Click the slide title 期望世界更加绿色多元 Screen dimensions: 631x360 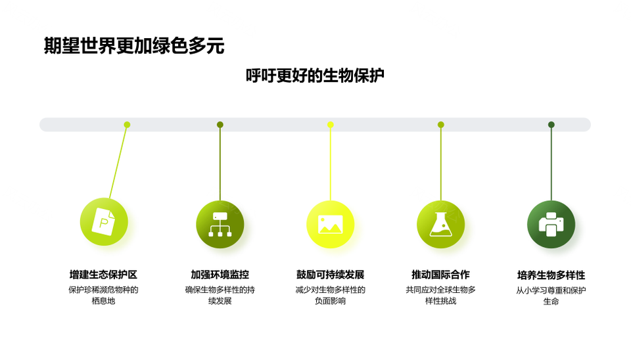coord(134,46)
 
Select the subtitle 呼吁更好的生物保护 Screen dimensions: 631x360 coord(315,76)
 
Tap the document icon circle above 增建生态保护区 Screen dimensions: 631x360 coord(104,221)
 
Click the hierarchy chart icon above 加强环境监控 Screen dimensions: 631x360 coord(220,225)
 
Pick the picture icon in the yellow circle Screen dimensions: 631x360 coord(331,225)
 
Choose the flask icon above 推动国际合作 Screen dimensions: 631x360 coord(440,225)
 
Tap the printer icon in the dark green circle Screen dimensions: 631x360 coord(551,225)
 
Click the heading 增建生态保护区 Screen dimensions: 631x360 coord(103,275)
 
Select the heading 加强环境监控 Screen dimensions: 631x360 coord(220,275)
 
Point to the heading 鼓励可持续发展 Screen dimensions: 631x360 coord(331,275)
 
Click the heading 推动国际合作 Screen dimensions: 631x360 coord(440,275)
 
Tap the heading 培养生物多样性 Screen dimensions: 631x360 coord(551,275)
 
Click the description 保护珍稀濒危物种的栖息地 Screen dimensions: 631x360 coord(103,295)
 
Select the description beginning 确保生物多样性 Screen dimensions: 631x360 coord(220,295)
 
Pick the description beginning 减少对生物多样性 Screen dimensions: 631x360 coord(331,295)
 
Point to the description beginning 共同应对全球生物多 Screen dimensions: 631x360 coord(440,295)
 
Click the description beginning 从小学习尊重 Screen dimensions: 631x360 coord(551,296)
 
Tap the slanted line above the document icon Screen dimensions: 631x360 coord(118,162)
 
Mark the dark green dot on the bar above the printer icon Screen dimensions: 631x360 coord(551,125)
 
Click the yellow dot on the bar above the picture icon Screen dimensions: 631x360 coord(331,125)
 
